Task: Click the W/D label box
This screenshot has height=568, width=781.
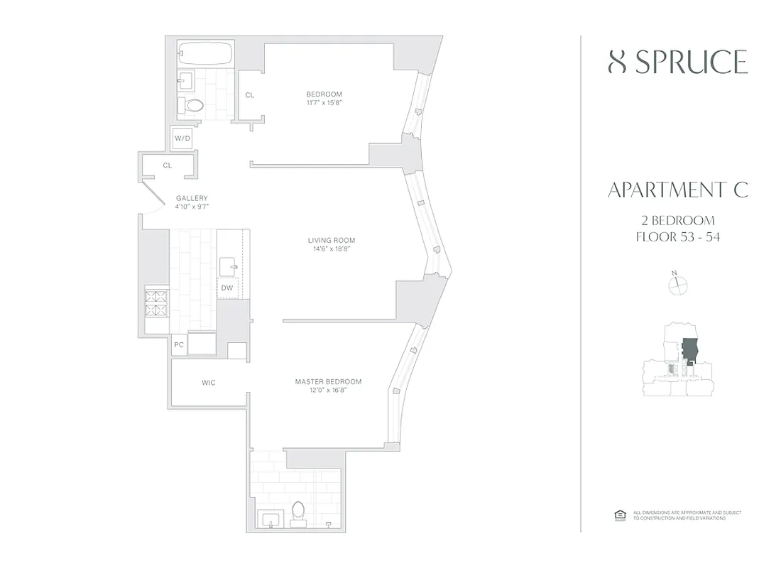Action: coord(182,138)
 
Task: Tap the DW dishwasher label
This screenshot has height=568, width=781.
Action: coord(227,288)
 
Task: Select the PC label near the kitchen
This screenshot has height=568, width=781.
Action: coord(179,345)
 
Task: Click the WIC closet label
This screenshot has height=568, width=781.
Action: coord(208,383)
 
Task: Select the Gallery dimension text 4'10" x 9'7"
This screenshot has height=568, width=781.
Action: coord(192,207)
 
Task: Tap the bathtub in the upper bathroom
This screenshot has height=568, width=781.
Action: coord(204,53)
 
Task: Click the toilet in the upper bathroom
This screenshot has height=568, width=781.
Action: coord(192,106)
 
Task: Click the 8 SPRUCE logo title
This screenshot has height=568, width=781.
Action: coord(677,62)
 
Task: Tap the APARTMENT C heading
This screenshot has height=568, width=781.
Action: coord(677,190)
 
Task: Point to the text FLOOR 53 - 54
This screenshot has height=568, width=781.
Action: coord(677,237)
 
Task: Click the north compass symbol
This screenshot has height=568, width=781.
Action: coord(679,284)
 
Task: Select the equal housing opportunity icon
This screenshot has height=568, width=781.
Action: coord(618,515)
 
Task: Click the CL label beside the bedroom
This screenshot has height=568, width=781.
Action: coord(250,94)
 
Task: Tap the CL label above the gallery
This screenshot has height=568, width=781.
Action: coord(168,165)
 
